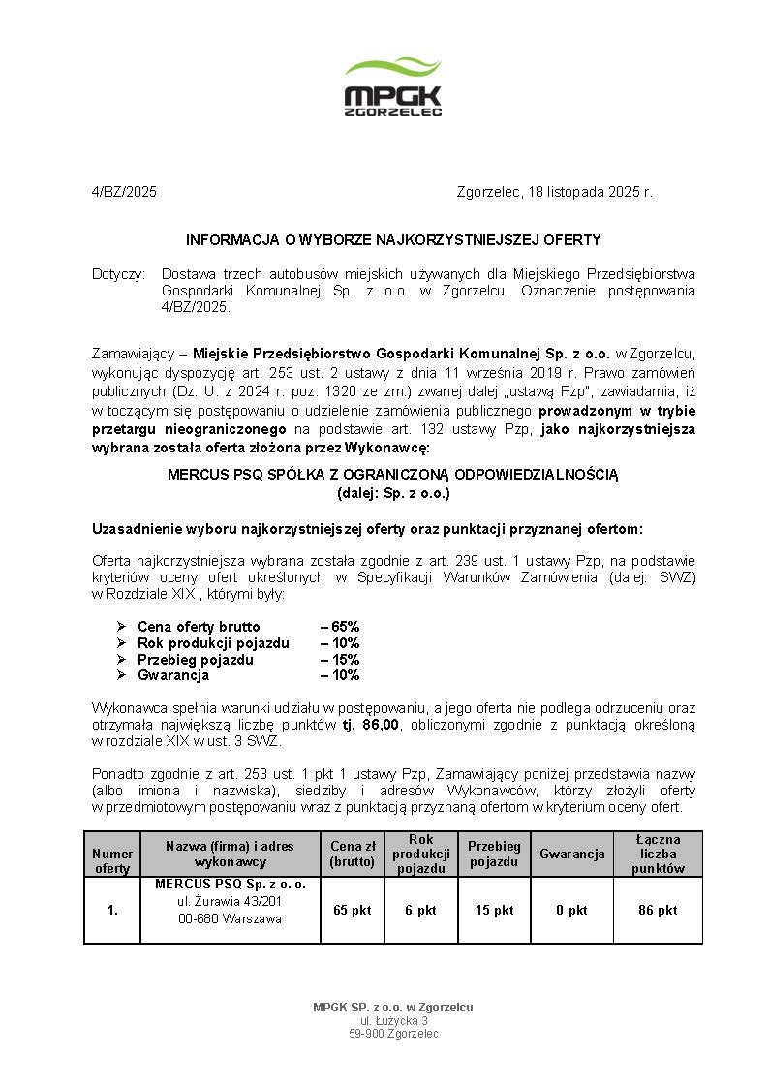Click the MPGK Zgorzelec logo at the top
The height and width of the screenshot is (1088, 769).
(393, 87)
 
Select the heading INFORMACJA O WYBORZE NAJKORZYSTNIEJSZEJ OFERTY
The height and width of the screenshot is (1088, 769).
(393, 239)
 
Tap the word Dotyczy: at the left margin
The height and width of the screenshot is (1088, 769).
(118, 274)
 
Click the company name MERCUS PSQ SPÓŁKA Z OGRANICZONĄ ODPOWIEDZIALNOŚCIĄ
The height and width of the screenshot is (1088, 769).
(392, 475)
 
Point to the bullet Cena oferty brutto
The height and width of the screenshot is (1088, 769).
(199, 627)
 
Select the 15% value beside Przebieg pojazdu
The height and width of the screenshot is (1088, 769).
(341, 660)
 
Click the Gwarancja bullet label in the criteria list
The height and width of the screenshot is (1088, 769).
(168, 675)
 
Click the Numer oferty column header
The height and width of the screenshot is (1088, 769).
(112, 861)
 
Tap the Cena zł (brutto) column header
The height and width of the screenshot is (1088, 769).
(352, 854)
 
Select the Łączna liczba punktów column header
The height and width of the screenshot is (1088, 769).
(658, 854)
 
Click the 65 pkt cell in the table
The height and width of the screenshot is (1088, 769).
(352, 911)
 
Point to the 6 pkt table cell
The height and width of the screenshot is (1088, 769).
(420, 911)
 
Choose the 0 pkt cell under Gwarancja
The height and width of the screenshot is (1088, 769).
(571, 911)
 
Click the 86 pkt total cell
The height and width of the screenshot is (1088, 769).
(658, 911)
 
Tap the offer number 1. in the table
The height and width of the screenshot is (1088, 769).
(112, 911)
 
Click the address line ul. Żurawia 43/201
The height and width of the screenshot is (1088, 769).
(230, 902)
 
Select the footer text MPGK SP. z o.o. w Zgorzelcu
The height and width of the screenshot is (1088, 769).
(393, 1008)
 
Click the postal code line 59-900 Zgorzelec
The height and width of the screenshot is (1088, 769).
(393, 1034)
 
